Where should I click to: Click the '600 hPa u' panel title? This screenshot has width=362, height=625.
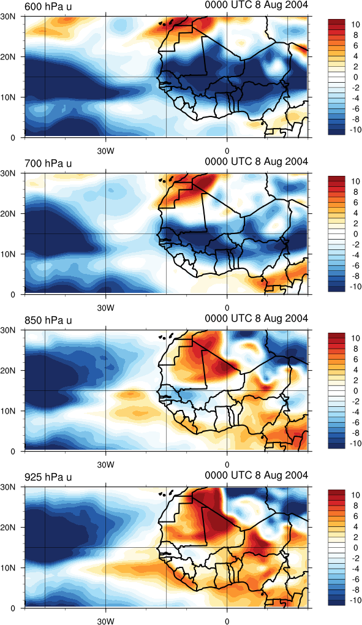tap(48, 7)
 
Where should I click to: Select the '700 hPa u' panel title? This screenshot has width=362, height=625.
tap(48, 164)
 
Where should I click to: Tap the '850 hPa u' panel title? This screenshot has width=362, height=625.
tap(48, 320)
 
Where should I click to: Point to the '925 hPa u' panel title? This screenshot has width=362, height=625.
tap(48, 477)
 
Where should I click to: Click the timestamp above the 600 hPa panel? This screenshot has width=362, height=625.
tap(257, 5)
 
